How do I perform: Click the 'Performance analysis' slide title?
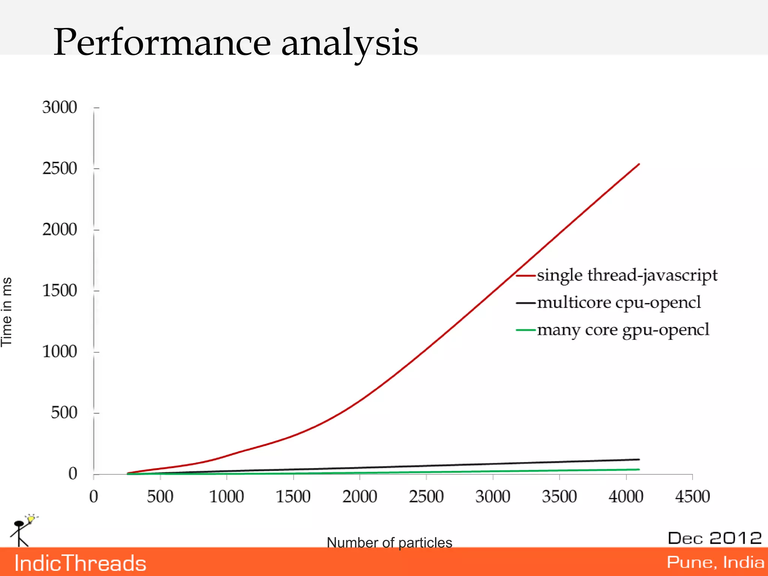235,43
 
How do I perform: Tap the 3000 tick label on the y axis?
60,108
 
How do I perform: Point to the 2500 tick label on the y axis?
60,169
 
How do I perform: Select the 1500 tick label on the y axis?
60,291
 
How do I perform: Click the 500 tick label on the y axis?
64,413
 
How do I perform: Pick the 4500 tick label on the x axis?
692,497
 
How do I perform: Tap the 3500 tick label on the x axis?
559,497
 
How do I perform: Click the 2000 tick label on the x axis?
360,497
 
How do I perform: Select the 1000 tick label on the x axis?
226,497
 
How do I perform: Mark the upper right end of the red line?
639,164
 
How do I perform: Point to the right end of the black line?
639,459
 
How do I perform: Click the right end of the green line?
639,469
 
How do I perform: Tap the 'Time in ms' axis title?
7,312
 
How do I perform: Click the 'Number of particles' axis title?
389,543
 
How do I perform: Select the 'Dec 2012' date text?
715,538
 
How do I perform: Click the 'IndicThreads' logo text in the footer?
80,563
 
